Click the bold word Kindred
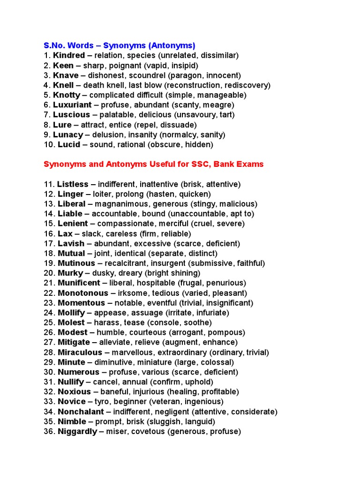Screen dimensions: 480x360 pyautogui.click(x=69, y=55)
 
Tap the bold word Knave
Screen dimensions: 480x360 pyautogui.click(x=67, y=75)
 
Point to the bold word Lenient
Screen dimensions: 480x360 pyautogui.click(x=73, y=224)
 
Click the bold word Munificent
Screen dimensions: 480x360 pyautogui.click(x=79, y=283)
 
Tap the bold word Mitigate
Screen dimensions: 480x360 pyautogui.click(x=74, y=342)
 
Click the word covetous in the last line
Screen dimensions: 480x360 pyautogui.click(x=149, y=431)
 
